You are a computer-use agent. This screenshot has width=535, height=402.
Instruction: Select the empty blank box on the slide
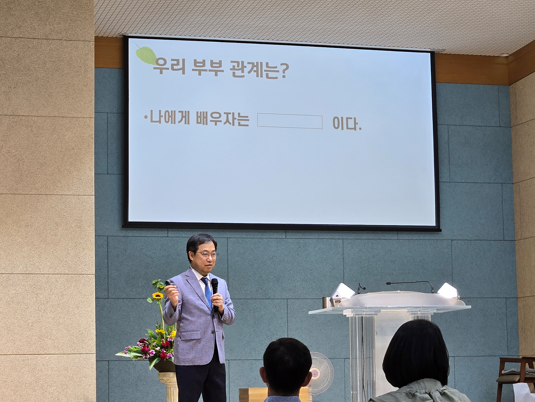point(290,121)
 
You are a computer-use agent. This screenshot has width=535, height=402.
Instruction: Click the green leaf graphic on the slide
point(146,55)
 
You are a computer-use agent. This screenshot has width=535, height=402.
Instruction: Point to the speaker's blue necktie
point(207,292)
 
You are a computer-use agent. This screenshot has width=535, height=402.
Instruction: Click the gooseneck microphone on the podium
point(410,285)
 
